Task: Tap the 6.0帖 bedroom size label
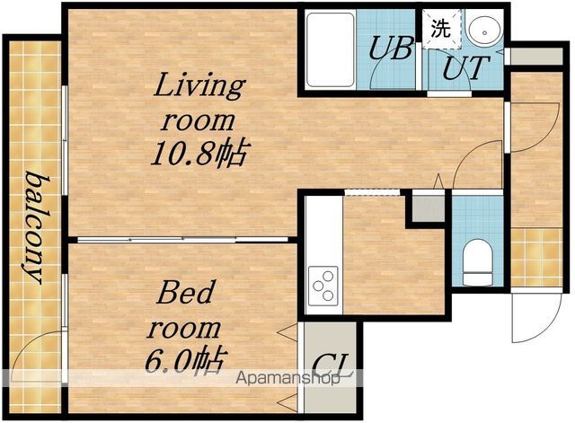(x=184, y=360)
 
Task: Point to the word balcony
(x=35, y=227)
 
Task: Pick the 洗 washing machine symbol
(x=441, y=29)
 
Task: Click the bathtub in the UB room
(x=330, y=50)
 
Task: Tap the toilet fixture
(x=477, y=262)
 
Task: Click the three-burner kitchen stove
(x=323, y=286)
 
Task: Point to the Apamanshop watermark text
(x=287, y=378)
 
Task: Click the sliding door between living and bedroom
(x=182, y=240)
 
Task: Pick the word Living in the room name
(x=199, y=86)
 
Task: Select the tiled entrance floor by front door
(x=536, y=257)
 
